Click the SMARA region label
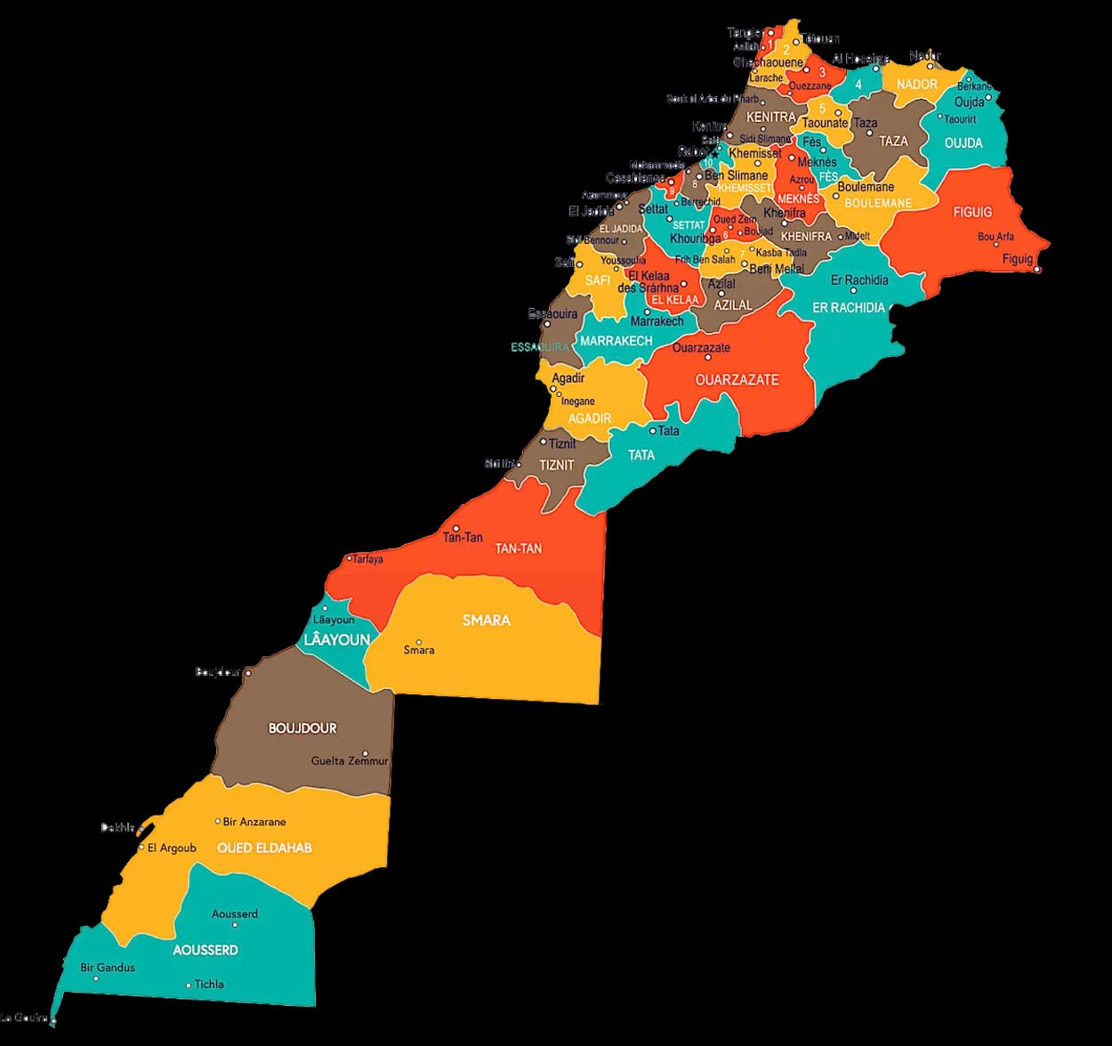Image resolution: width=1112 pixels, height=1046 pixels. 486,620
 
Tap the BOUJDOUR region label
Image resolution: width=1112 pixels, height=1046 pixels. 302,728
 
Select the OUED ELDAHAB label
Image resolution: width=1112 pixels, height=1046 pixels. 264,847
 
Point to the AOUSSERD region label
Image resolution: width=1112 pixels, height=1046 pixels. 205,950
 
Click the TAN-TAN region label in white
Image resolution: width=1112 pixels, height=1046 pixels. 518,548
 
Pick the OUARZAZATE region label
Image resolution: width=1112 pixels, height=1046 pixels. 737,380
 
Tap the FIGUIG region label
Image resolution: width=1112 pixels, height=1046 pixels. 971,212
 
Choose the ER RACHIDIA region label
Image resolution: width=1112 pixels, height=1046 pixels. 849,307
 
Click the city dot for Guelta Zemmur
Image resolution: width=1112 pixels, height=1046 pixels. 366,753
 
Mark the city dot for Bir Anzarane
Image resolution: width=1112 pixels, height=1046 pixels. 218,821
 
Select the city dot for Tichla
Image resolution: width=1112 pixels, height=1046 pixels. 189,985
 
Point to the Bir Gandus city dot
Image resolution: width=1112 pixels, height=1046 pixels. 96,978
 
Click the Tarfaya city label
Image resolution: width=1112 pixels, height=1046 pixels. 368,559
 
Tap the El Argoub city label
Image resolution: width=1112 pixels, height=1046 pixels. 172,847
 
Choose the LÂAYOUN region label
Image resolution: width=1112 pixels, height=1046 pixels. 336,640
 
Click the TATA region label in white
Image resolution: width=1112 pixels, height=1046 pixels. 641,455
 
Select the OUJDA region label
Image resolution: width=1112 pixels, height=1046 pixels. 963,143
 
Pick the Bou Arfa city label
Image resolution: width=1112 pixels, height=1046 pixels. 995,237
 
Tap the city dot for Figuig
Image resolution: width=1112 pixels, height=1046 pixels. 1037,269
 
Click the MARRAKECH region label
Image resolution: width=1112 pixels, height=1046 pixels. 616,341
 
